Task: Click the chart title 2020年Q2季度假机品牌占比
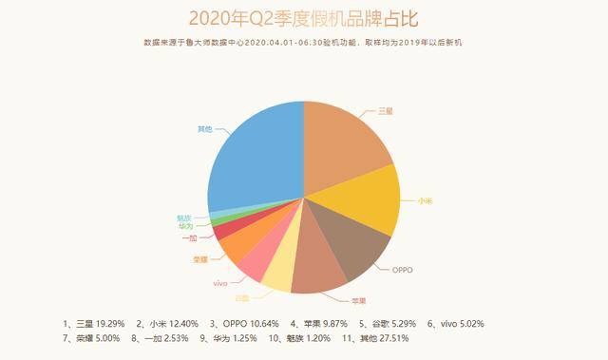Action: (303, 17)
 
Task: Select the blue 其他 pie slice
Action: (252, 152)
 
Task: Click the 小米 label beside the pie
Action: (423, 200)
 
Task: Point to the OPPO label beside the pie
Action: (403, 270)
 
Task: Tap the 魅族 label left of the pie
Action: (183, 217)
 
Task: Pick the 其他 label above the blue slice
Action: (204, 127)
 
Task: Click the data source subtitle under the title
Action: (303, 43)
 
